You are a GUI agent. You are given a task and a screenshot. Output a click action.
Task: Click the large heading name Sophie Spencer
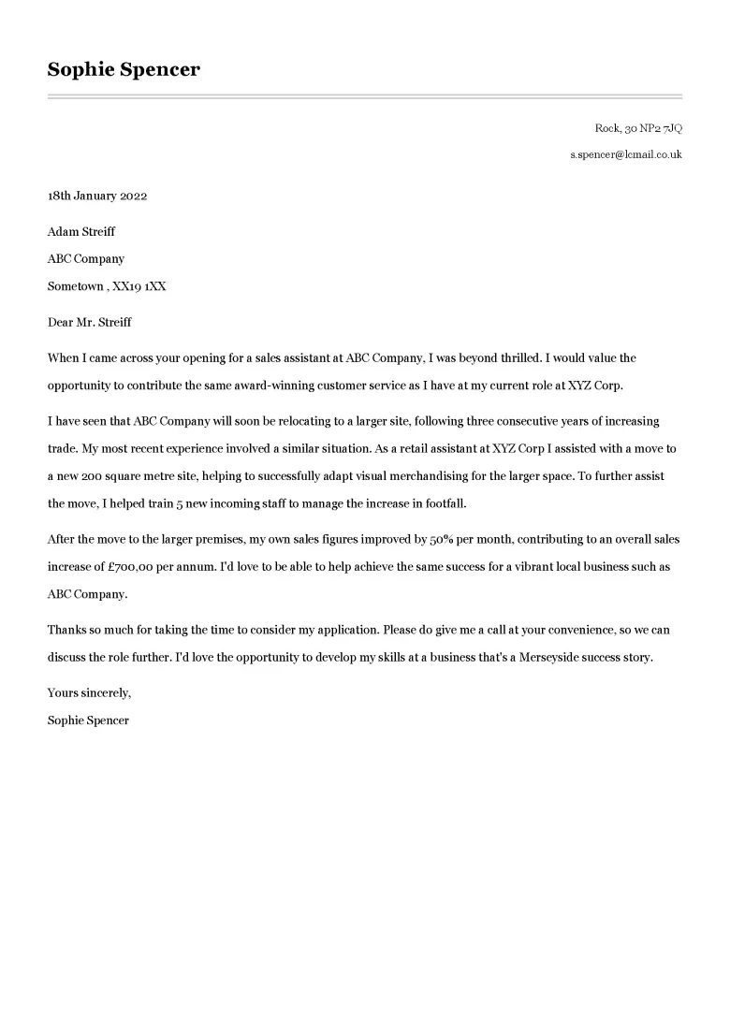124,69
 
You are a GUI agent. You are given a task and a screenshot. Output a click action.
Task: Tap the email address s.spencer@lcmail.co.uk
626,154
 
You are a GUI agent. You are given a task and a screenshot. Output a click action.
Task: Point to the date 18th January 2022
97,196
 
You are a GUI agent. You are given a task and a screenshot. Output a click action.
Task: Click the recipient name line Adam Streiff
81,232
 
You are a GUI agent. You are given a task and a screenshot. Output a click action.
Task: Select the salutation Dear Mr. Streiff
90,322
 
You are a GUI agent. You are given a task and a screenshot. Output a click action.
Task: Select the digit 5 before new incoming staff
207,503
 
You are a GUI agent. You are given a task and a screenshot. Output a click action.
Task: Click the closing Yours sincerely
90,693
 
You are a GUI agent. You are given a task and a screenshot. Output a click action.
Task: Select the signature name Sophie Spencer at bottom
88,720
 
